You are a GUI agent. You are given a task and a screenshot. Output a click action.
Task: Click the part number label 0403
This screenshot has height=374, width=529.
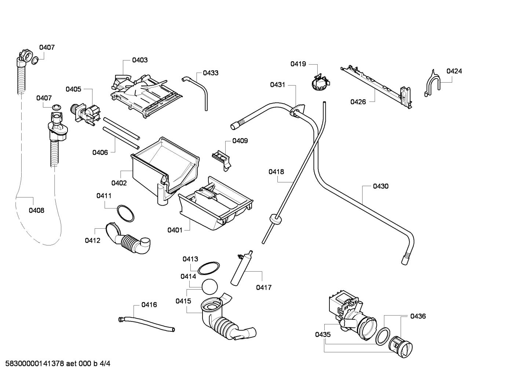(140, 60)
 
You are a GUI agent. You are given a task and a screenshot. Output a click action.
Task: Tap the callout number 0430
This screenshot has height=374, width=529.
(381, 186)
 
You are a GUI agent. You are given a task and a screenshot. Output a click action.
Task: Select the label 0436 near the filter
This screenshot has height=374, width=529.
(418, 316)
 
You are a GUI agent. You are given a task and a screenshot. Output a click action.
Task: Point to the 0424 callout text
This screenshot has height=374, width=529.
(454, 71)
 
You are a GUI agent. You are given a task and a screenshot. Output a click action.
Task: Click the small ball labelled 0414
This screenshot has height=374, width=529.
(209, 287)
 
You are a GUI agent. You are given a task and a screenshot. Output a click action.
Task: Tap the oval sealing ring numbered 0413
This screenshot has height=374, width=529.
(208, 268)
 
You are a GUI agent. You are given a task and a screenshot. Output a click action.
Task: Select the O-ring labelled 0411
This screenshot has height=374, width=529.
(125, 213)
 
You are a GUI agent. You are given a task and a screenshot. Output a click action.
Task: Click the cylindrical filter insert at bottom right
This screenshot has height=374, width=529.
(400, 347)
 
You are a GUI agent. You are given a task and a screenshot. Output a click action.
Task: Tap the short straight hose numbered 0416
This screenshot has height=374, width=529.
(146, 324)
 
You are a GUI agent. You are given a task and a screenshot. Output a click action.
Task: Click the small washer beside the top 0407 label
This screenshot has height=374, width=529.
(35, 61)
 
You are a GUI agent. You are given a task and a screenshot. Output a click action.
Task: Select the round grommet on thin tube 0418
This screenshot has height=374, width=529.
(276, 219)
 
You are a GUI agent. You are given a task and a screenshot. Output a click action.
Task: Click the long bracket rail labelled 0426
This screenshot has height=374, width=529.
(376, 88)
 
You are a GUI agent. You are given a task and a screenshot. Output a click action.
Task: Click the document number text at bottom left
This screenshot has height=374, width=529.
(58, 364)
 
